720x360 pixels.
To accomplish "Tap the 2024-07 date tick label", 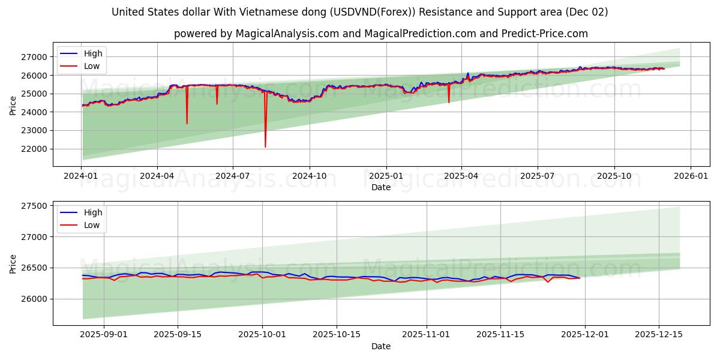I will click(232, 176).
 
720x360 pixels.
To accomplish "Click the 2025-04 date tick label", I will click(461, 176).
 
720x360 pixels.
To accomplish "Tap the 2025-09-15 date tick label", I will click(178, 335).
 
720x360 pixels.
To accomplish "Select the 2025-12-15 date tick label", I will click(659, 335).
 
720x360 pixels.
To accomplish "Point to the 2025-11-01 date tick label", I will click(427, 335).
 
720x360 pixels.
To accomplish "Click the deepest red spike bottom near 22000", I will click(265, 146).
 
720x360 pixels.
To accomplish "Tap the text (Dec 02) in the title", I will click(588, 12).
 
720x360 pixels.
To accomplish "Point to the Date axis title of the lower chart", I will click(381, 346).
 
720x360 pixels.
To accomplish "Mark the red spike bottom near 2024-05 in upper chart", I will click(187, 123).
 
